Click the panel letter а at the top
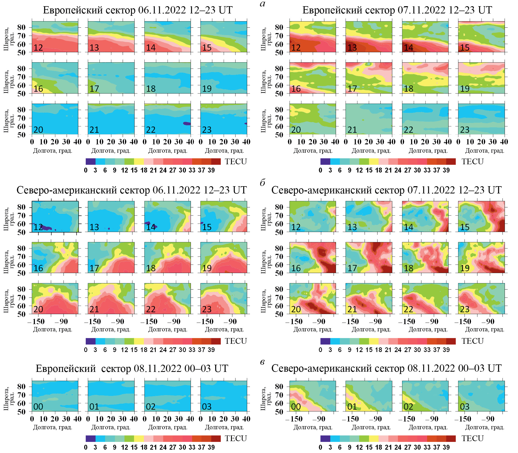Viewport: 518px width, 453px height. tap(263, 4)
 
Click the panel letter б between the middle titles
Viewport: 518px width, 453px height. tap(263, 183)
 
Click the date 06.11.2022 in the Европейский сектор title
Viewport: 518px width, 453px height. tap(162, 10)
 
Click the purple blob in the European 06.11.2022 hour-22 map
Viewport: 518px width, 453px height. tap(187, 124)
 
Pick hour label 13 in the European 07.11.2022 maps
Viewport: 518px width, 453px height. tap(352, 48)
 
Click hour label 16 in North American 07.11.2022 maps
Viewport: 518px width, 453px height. tap(296, 268)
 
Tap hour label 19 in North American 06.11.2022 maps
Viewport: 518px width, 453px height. tap(207, 268)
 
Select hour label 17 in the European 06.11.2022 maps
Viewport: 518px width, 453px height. tap(94, 89)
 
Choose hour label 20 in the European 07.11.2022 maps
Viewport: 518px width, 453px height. tap(296, 130)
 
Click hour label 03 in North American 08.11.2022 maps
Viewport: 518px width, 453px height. tap(465, 407)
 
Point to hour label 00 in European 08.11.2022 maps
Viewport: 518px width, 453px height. tap(38, 407)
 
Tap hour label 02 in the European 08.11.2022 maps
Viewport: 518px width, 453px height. tap(151, 407)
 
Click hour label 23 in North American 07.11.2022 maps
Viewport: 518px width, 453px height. tap(465, 309)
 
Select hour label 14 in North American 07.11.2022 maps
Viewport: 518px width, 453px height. tap(409, 227)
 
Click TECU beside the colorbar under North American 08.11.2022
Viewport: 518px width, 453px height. tap(473, 438)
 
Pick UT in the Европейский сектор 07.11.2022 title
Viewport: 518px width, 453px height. tap(485, 10)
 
